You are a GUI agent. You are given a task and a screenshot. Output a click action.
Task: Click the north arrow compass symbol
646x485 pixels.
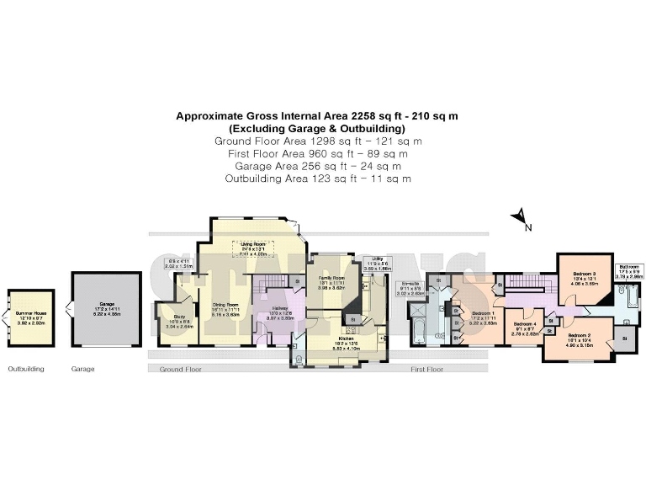point(521,221)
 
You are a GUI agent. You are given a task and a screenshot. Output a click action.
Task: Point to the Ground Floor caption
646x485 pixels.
point(181,369)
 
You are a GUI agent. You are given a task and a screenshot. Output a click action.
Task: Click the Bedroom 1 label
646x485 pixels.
point(484,317)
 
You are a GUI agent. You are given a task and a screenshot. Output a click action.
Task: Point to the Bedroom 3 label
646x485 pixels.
point(585,277)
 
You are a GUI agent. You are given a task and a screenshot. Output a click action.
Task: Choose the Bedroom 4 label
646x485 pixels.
point(524,329)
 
